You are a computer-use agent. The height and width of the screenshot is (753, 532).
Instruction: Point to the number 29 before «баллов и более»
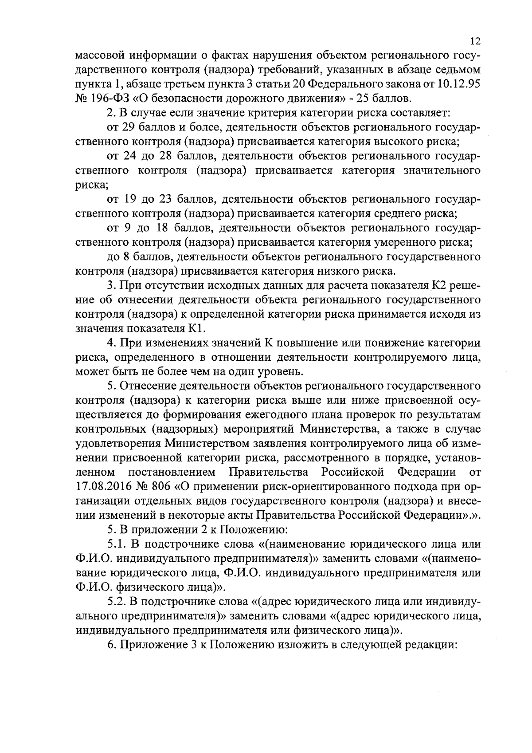[x=129, y=127]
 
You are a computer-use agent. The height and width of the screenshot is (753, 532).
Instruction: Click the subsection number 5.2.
[x=117, y=601]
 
